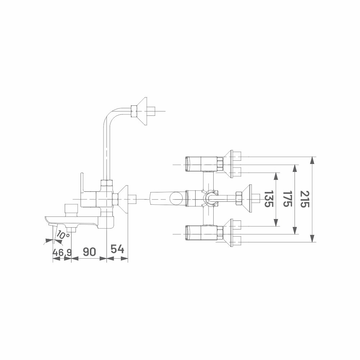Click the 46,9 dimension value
click(x=62, y=252)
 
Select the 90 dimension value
click(x=89, y=252)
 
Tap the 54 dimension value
click(x=117, y=249)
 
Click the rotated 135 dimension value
click(x=269, y=199)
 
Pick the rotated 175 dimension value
click(x=287, y=199)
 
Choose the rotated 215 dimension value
click(x=305, y=199)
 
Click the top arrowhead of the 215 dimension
click(x=312, y=160)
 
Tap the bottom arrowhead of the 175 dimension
click(x=295, y=231)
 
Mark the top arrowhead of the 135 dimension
click(x=276, y=176)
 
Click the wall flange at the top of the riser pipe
click(x=142, y=111)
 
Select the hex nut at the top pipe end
click(x=134, y=111)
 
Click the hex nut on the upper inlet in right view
click(x=220, y=164)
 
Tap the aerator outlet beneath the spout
click(x=71, y=229)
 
